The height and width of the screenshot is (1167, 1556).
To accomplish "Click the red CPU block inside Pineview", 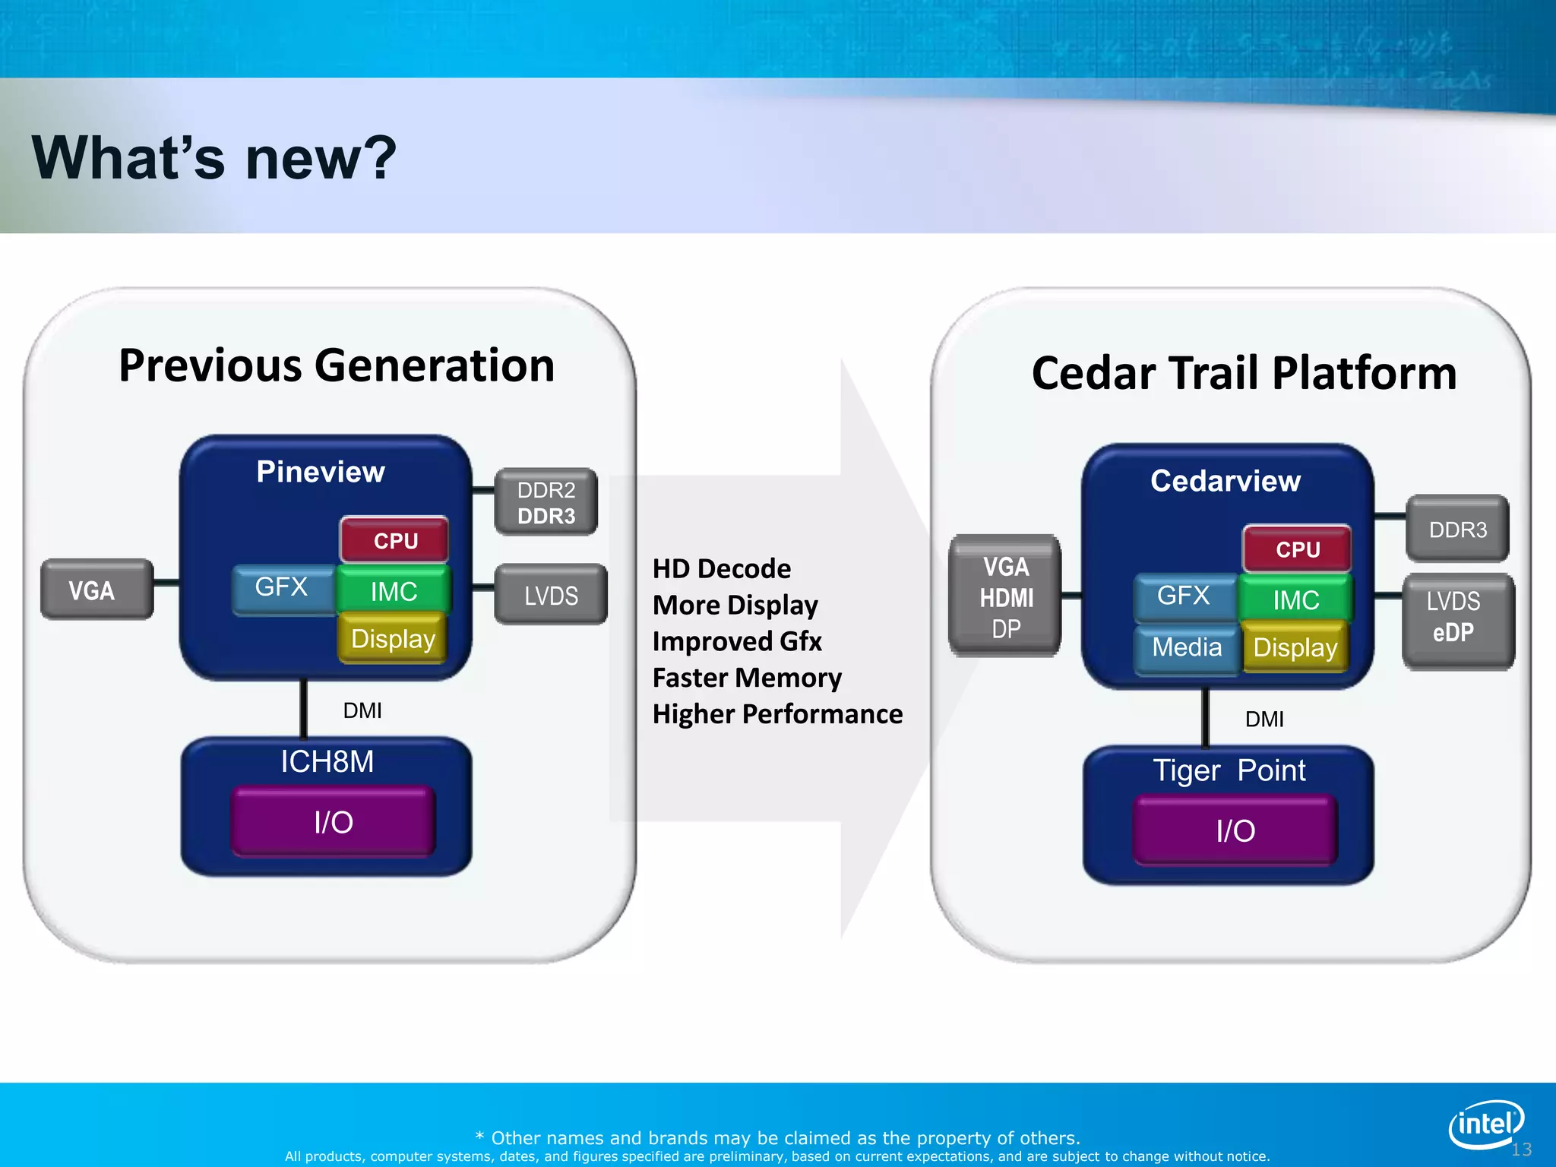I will pyautogui.click(x=394, y=540).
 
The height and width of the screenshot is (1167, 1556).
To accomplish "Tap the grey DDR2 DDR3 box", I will pyautogui.click(x=546, y=502).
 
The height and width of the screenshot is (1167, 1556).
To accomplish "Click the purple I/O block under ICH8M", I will pyautogui.click(x=334, y=822).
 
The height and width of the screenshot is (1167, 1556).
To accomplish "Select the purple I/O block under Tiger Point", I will pyautogui.click(x=1235, y=830).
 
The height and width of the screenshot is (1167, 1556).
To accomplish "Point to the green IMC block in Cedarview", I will pyautogui.click(x=1295, y=599).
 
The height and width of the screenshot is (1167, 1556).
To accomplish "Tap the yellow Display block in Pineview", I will pyautogui.click(x=392, y=639).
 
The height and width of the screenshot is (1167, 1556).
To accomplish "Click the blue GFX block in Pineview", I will pyautogui.click(x=282, y=587).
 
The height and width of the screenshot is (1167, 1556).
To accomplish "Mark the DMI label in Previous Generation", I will pyautogui.click(x=362, y=710).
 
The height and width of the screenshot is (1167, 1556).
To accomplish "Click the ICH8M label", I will pyautogui.click(x=327, y=761).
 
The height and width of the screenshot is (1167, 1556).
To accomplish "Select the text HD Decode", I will pyautogui.click(x=721, y=568).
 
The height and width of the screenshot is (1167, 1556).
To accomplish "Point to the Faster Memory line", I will pyautogui.click(x=746, y=677).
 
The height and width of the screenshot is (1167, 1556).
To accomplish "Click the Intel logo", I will pyautogui.click(x=1485, y=1124).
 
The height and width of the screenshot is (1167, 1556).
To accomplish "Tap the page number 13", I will pyautogui.click(x=1521, y=1150).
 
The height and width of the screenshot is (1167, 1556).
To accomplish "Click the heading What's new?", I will pyautogui.click(x=213, y=158).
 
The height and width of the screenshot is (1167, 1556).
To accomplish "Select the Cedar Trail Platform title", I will pyautogui.click(x=1244, y=373).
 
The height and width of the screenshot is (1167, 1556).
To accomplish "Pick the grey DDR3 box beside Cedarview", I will pyautogui.click(x=1456, y=530).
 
